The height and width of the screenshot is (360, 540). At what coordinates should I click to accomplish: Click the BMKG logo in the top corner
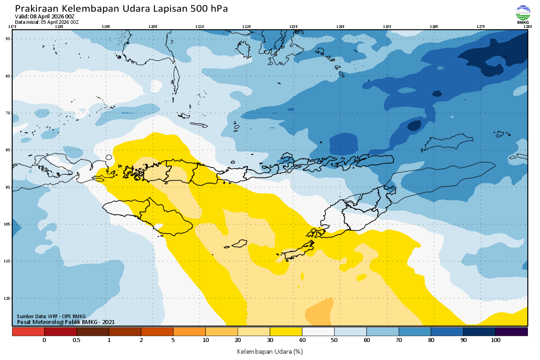coord(523,14)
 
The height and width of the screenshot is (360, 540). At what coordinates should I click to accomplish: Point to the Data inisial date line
coord(47,22)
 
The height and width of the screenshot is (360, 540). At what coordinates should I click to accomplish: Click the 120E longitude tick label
coord(153,27)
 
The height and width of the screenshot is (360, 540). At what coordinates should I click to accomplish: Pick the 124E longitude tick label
coord(340,27)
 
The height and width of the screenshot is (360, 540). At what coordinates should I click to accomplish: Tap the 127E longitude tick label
coord(481,27)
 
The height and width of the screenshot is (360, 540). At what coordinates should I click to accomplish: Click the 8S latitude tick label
coord(8,150)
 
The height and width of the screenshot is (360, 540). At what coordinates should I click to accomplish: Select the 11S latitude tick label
coord(8,261)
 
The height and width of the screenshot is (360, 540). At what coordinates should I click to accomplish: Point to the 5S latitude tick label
coord(8,39)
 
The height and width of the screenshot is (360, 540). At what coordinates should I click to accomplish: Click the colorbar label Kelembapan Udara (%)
coord(270,351)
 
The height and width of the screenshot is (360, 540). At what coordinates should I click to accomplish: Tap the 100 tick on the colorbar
coord(495,340)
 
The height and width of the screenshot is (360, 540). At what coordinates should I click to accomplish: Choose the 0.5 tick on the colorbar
coord(76,340)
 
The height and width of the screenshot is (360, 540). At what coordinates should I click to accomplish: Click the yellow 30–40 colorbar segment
coord(286,332)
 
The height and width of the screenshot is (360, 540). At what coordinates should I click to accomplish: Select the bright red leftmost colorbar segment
coord(28,332)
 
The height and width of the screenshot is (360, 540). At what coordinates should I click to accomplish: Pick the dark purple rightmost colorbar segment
coord(511,332)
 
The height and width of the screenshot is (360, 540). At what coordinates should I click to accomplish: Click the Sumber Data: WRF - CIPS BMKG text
coord(51,316)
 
